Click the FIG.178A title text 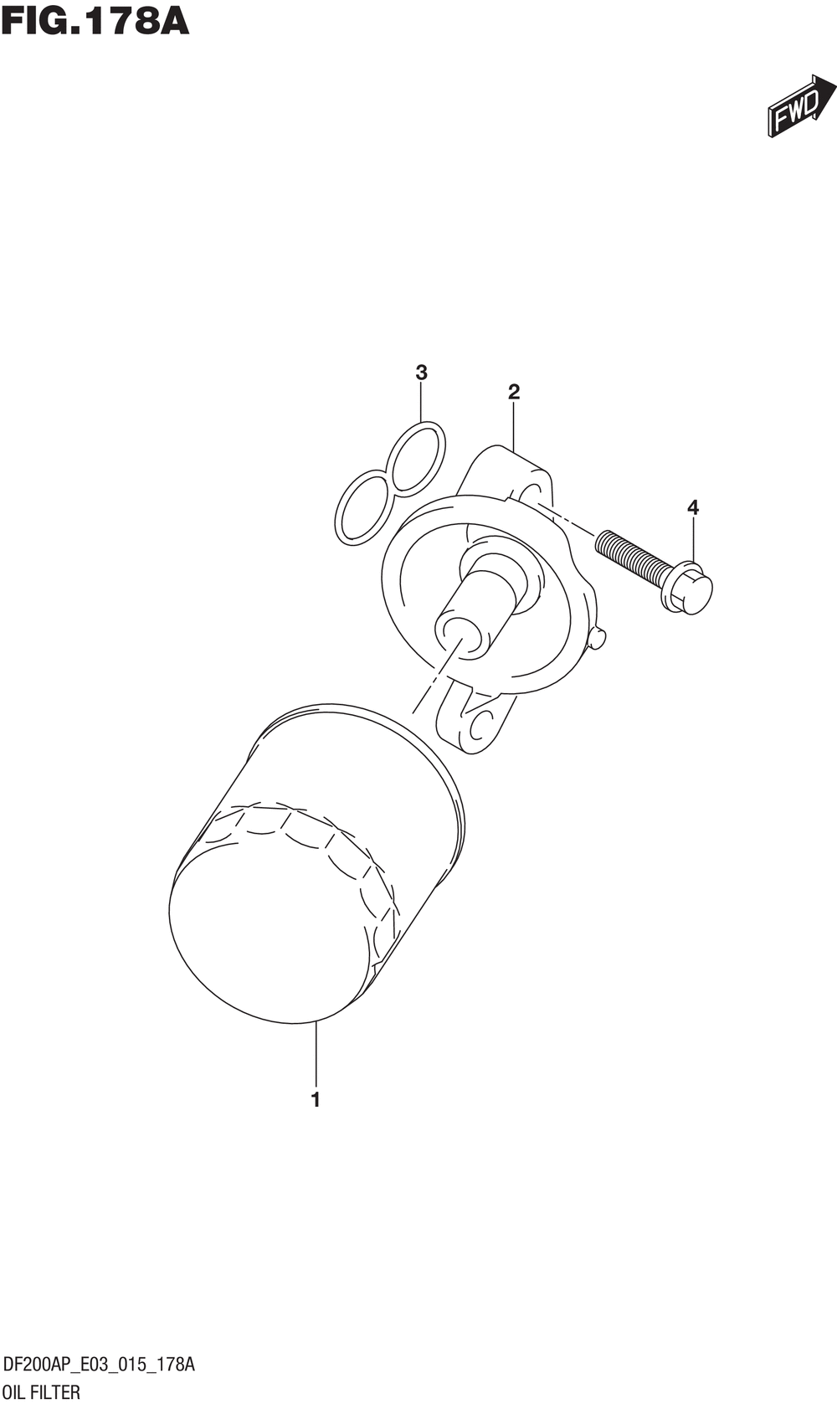(x=95, y=23)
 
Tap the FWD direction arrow (x=801, y=105)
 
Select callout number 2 (x=514, y=392)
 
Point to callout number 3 (x=421, y=373)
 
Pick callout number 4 (x=693, y=507)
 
